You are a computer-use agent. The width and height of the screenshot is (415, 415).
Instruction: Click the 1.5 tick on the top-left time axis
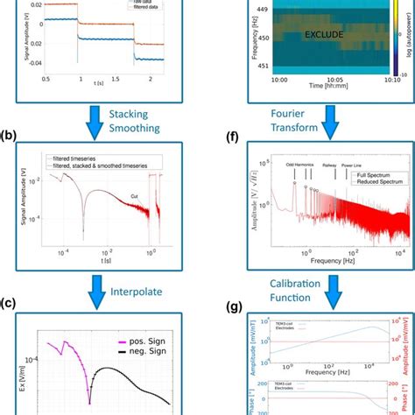coord(116,80)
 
